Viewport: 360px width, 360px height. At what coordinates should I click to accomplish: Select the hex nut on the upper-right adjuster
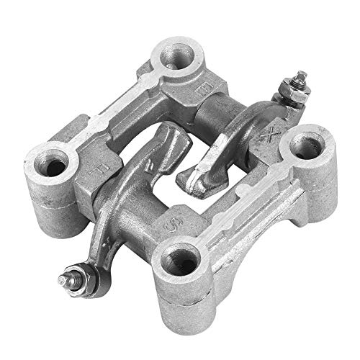click(295, 96)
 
